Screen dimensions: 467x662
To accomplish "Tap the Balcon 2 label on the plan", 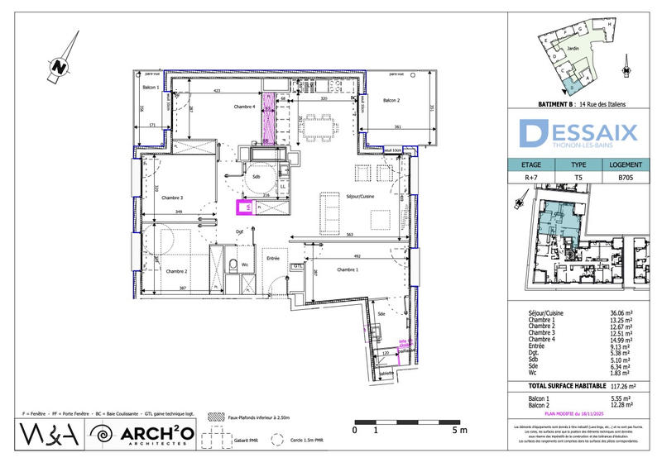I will [391, 101].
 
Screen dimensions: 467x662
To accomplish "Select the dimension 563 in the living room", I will [350, 235].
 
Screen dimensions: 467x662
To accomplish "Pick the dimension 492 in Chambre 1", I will [357, 255].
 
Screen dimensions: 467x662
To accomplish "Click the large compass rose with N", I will [59, 65].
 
